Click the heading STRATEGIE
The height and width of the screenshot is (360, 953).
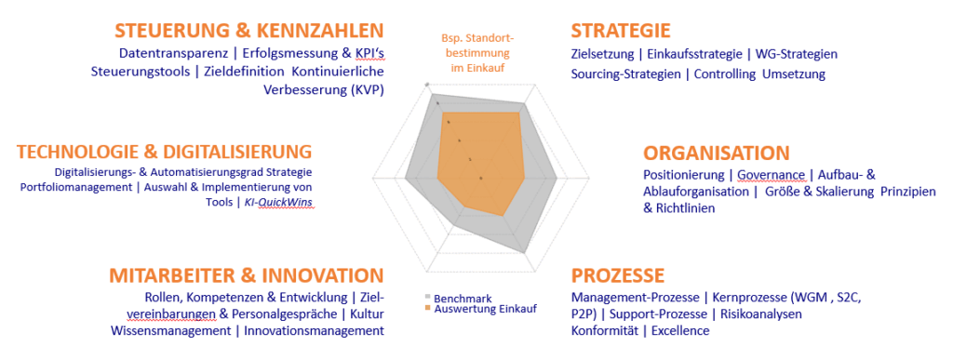point(621,31)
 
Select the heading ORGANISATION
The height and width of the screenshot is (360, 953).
point(716,153)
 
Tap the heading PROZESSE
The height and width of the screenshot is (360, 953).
point(618,275)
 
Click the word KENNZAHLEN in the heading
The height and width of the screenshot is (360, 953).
point(320,31)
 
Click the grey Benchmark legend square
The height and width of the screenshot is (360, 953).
point(428,298)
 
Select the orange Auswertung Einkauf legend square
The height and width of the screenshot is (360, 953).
point(428,309)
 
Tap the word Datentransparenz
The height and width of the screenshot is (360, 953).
point(172,54)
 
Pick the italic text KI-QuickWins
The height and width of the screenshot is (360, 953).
point(279,202)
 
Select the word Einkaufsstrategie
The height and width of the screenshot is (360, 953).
point(694,54)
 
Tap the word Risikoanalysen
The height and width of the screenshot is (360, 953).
point(761,314)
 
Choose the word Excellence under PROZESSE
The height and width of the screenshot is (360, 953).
point(680,331)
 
